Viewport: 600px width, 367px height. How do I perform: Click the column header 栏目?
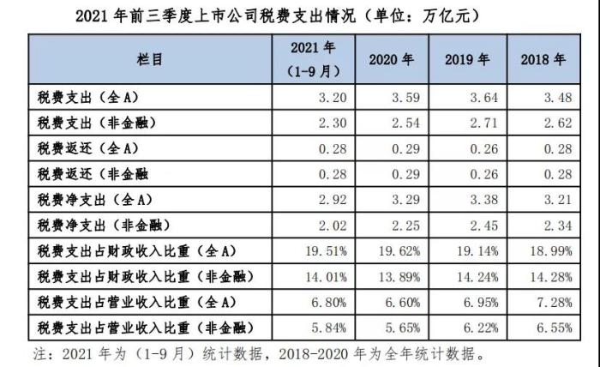click(x=149, y=59)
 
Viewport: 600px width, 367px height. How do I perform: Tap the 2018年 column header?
click(x=543, y=60)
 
